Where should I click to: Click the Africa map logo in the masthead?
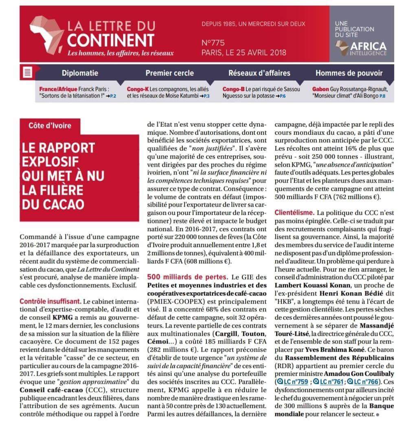coord(45,35)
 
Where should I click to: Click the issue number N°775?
coord(213,43)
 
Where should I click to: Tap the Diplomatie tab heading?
coord(80,73)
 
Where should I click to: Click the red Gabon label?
coord(321,88)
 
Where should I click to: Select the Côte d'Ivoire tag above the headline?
coord(50,125)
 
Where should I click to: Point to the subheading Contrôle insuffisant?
coord(50,302)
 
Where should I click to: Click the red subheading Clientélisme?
coord(294,212)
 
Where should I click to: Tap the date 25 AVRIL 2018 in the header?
coord(258,53)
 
